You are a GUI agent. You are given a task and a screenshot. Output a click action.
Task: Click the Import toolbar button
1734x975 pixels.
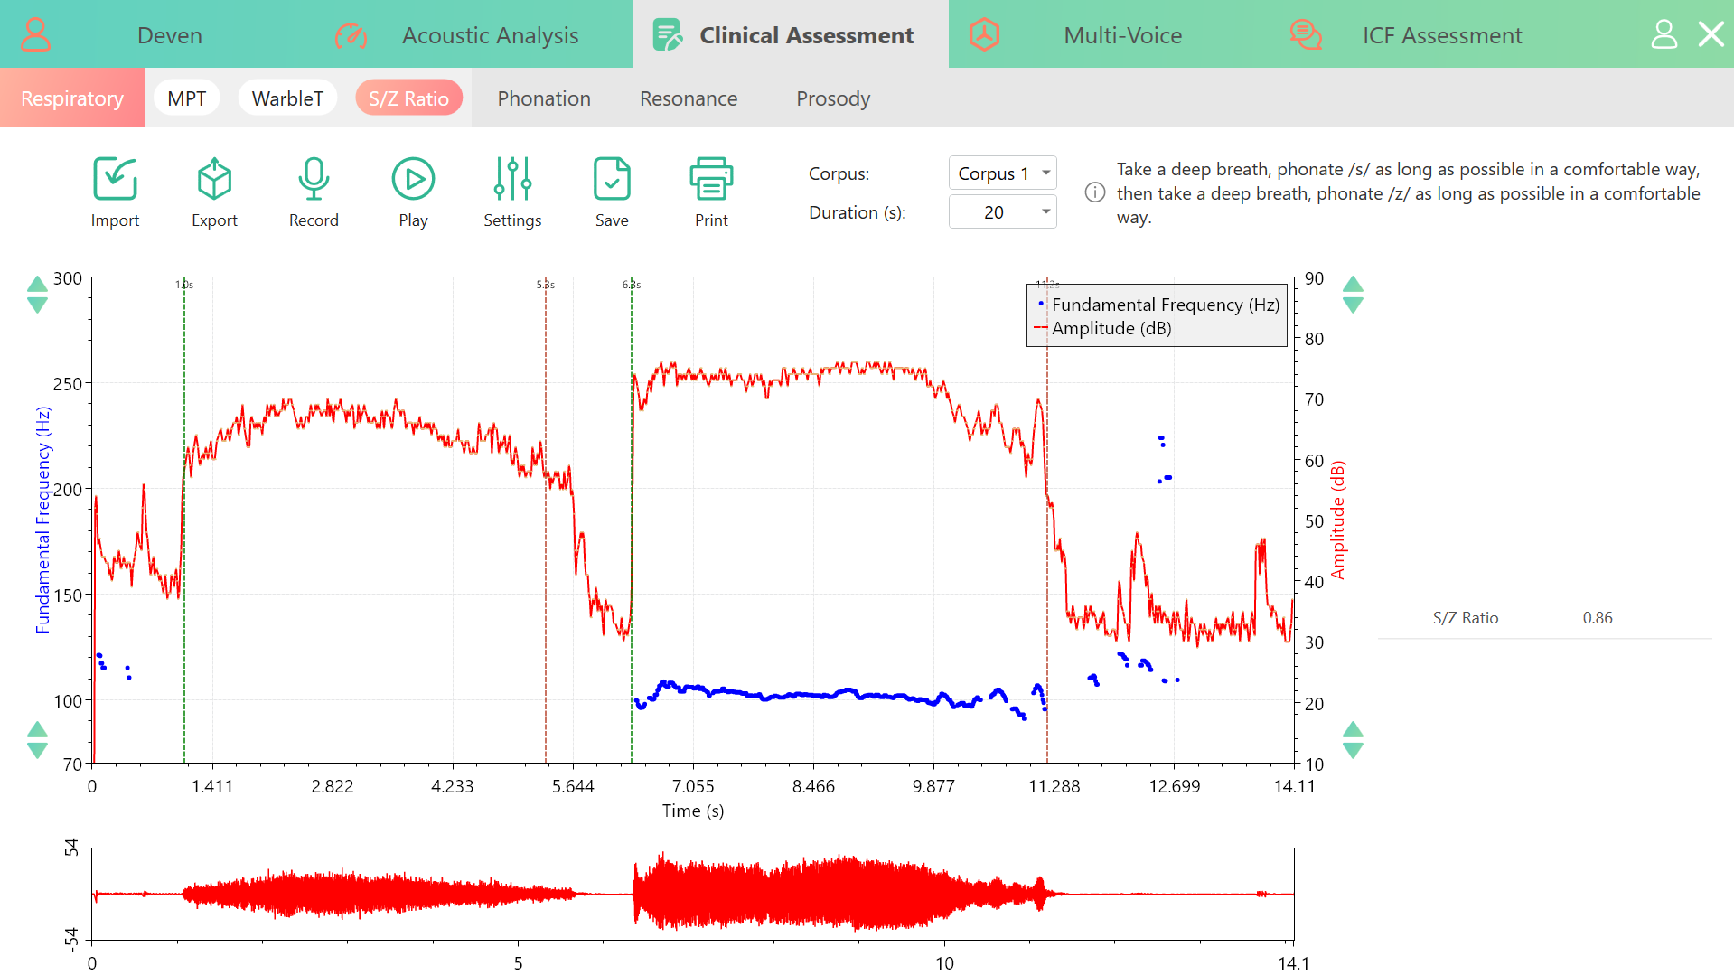click(115, 192)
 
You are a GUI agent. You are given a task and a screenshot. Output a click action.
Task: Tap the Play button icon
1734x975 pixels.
click(413, 179)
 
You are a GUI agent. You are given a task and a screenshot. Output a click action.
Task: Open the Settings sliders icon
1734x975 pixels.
click(512, 179)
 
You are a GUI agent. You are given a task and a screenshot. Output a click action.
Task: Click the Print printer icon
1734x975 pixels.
click(711, 179)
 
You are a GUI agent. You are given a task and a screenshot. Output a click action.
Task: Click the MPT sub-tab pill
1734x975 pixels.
click(187, 98)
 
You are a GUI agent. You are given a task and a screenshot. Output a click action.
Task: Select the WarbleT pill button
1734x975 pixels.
click(287, 98)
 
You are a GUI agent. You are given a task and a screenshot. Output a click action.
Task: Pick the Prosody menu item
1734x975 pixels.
click(833, 98)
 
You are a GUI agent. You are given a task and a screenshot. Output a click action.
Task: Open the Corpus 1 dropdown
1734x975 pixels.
click(1002, 173)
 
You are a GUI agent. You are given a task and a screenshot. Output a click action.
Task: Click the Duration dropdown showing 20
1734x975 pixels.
click(1002, 212)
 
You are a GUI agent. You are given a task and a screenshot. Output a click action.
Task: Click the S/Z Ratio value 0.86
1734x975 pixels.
click(1597, 618)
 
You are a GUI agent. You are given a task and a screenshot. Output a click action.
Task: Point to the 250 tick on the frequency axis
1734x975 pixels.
click(68, 383)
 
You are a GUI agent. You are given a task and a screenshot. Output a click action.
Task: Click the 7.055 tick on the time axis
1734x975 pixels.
click(693, 786)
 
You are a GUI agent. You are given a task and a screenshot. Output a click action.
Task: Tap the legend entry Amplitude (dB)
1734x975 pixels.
click(1111, 328)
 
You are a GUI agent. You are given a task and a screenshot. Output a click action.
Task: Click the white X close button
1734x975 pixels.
click(1711, 34)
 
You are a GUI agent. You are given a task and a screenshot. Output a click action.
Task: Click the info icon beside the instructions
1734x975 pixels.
click(1095, 192)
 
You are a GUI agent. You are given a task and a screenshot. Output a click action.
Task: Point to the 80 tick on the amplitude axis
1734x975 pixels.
click(1314, 339)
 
